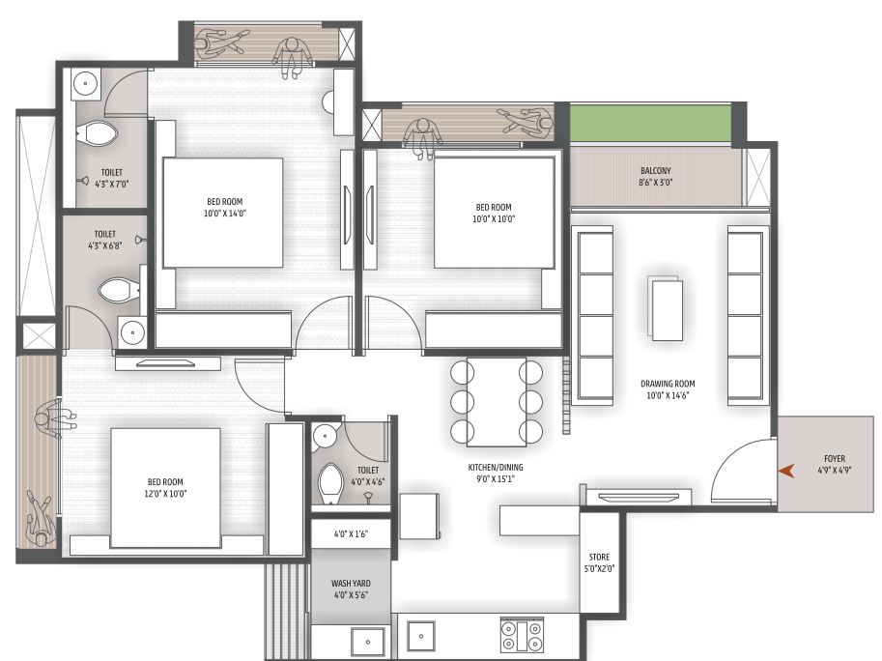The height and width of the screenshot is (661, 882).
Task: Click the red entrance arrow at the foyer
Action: tap(787, 471)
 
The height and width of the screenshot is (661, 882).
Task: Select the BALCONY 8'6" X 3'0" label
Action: tap(655, 176)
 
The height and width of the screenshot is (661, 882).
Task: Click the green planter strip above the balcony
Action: tap(648, 123)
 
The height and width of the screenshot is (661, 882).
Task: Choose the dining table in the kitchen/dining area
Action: tap(497, 401)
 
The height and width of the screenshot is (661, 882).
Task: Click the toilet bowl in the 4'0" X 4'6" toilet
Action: tap(329, 482)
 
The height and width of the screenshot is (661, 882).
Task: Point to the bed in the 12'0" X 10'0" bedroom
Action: tap(165, 488)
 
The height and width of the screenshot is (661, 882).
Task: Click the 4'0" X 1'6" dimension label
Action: tap(351, 533)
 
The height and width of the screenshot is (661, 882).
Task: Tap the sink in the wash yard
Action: tap(367, 640)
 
